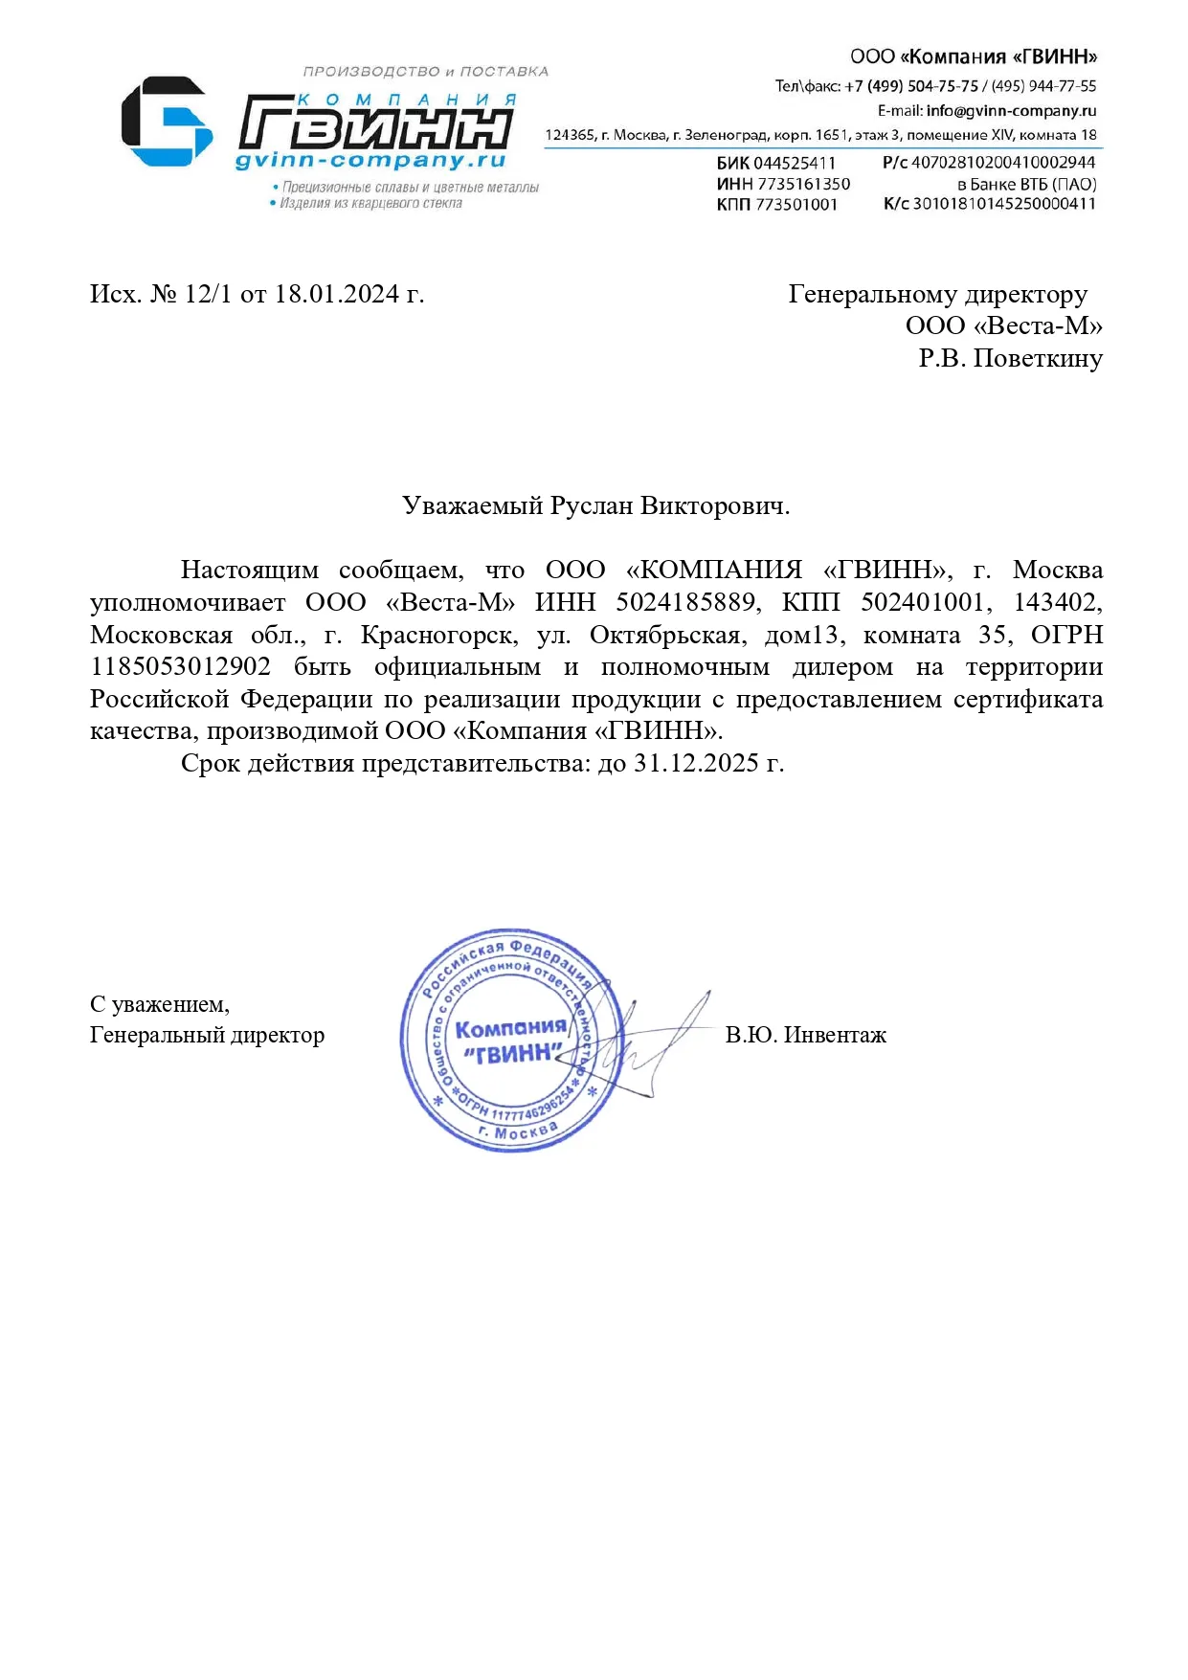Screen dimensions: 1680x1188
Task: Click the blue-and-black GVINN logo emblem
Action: pos(166,122)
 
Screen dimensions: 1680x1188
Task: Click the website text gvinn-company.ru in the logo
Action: pos(370,160)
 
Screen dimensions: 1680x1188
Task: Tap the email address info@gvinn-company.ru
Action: pos(1011,111)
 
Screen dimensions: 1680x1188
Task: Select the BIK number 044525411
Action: pos(795,164)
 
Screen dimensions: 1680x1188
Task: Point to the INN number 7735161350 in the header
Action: pos(803,184)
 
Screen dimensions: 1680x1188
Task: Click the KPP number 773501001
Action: pos(796,204)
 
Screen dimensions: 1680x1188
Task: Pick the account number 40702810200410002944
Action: pos(1003,163)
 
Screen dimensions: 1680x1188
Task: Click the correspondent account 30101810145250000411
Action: pos(1004,203)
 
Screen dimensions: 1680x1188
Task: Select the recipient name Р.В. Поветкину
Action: pos(1010,359)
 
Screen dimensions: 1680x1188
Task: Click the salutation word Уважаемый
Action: pos(473,505)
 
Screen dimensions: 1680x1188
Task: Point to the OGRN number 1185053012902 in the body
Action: pos(180,667)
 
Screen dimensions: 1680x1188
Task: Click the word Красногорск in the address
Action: pos(439,635)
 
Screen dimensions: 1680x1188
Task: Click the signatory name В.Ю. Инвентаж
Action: pos(805,1035)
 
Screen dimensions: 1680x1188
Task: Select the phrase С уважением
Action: pos(159,1004)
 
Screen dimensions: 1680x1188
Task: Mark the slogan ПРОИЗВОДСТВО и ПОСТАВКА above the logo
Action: pos(426,72)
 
